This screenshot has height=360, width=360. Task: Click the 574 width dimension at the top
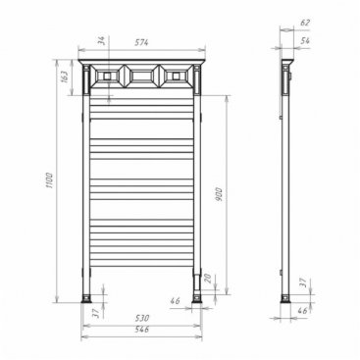click(141, 42)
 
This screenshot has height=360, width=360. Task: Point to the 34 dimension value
click(102, 40)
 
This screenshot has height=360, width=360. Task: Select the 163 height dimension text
click(64, 77)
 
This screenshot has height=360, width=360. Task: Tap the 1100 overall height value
click(49, 180)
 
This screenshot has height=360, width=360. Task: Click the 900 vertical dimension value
click(219, 194)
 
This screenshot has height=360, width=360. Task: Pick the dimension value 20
click(209, 279)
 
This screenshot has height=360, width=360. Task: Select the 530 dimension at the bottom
click(142, 318)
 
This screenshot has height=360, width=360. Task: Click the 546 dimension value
click(142, 330)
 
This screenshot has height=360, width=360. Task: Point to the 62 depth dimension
click(305, 23)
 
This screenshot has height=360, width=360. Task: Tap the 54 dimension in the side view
click(305, 41)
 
